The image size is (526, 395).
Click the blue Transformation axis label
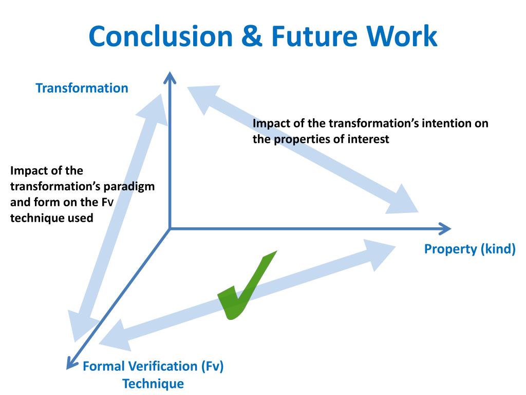[x=82, y=88]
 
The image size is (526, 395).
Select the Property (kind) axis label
[x=469, y=249]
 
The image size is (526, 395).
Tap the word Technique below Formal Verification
[x=153, y=384]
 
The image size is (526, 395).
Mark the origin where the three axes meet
[x=170, y=228]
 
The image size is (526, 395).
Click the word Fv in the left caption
[x=106, y=202]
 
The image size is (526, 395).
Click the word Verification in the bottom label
[x=162, y=367]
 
